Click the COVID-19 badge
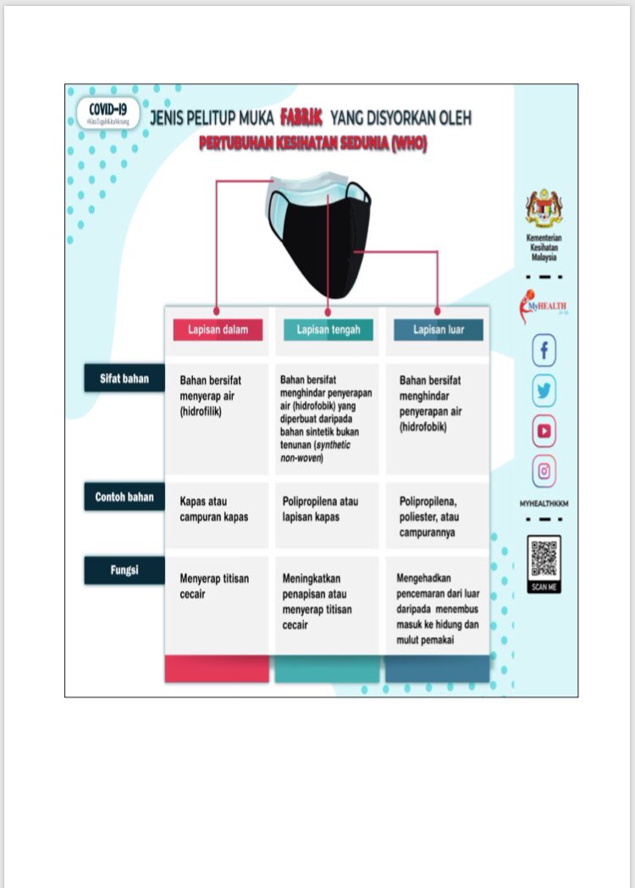[x=107, y=113]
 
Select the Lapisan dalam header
[x=218, y=330]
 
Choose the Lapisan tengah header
[x=328, y=330]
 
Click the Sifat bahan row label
[x=124, y=379]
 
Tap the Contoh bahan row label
[x=124, y=497]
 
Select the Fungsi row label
[x=124, y=570]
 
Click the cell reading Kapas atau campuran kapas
[x=214, y=508]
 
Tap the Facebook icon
[x=544, y=350]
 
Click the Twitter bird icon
[x=544, y=391]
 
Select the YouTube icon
[x=544, y=431]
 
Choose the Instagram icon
[x=544, y=470]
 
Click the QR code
[x=544, y=558]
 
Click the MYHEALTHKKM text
[x=544, y=503]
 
